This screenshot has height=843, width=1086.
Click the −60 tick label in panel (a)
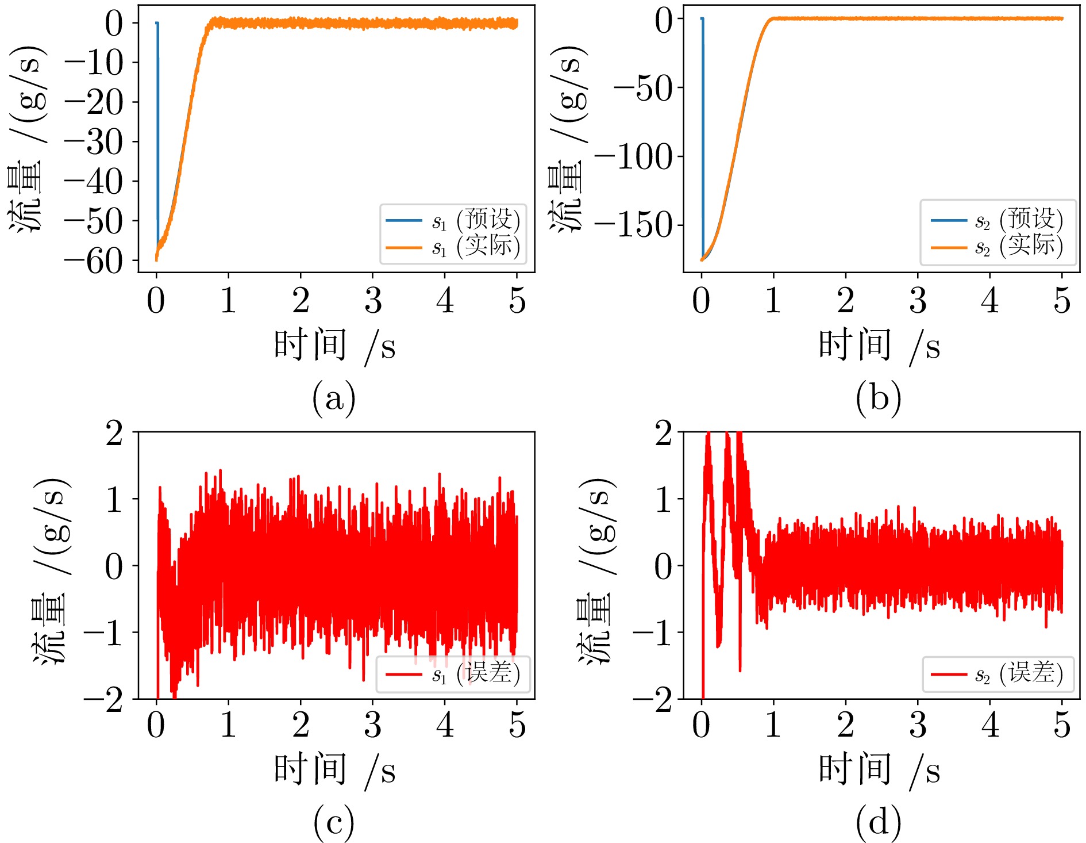point(94,262)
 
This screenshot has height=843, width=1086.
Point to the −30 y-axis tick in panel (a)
point(94,142)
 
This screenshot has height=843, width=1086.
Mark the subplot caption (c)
point(334,822)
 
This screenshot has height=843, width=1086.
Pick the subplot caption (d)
point(878,822)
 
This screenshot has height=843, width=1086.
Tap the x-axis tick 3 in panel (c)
point(373,726)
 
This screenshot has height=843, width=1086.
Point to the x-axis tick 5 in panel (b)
point(1062,301)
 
